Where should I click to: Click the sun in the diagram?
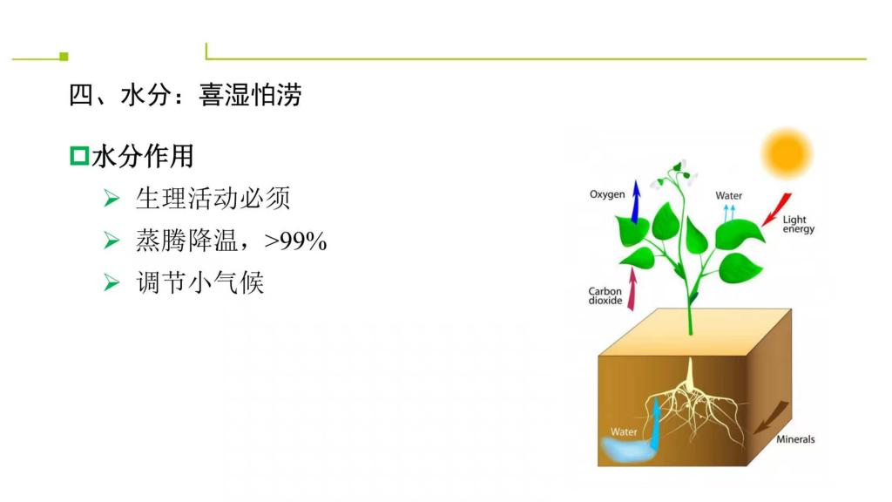[787, 153]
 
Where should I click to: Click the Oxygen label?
[607, 194]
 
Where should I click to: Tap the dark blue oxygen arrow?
[636, 201]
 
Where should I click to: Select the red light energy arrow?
[777, 209]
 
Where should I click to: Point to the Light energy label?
[798, 224]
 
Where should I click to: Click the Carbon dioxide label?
[605, 295]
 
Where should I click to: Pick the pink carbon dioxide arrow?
[632, 289]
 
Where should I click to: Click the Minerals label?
[795, 439]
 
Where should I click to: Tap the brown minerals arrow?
[772, 417]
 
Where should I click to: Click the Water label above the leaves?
[729, 195]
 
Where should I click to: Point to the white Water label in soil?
[624, 432]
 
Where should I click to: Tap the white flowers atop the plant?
[675, 174]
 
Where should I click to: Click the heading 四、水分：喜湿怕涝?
[185, 94]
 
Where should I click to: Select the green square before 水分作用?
[79, 156]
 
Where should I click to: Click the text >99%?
[296, 241]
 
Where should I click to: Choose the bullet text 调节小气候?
[199, 282]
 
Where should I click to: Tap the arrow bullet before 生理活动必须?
[111, 198]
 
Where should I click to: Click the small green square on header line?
[64, 57]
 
